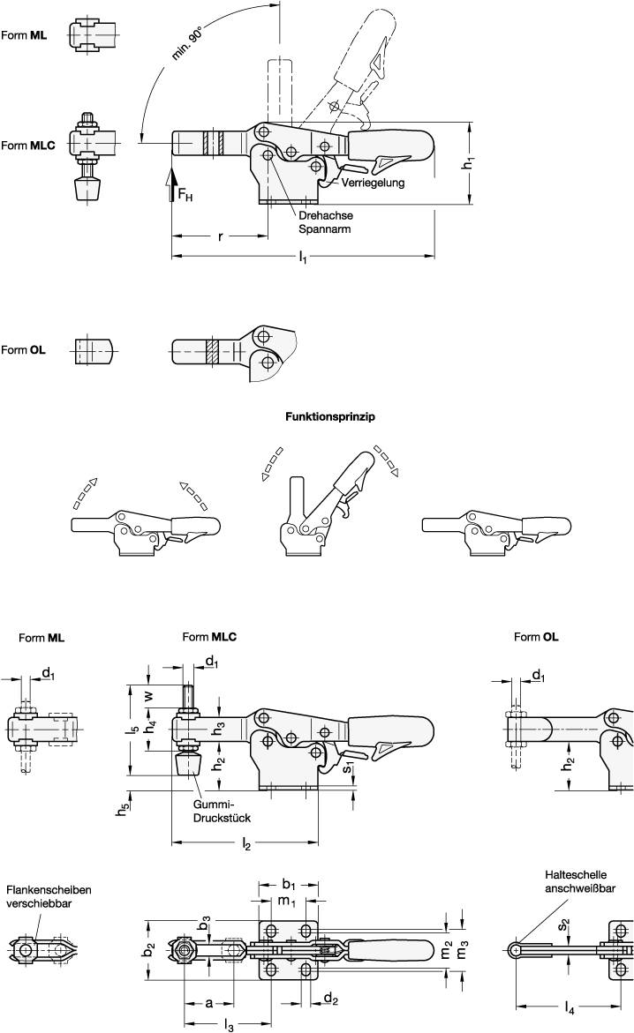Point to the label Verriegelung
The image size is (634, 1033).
pyautogui.click(x=374, y=183)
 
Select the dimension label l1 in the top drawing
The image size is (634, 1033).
pyautogui.click(x=303, y=257)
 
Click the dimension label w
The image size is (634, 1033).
pyautogui.click(x=149, y=695)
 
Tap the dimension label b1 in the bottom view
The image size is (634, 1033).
pyautogui.click(x=288, y=883)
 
